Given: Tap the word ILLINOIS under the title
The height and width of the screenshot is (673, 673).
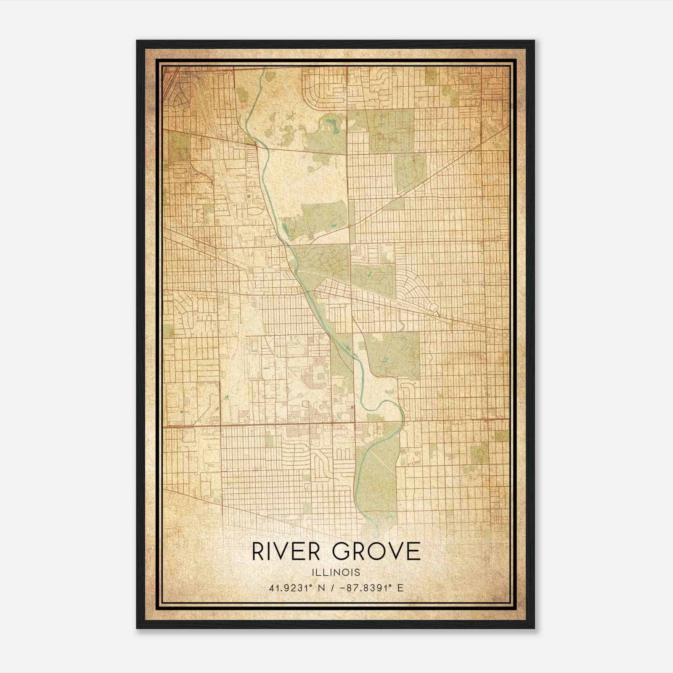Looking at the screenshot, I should tap(336, 572).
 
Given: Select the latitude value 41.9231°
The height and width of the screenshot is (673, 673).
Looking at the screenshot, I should tap(290, 588).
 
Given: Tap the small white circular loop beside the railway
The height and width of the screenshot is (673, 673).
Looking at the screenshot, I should tap(434, 308).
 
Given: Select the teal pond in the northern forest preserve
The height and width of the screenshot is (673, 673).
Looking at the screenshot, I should tap(329, 124).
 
